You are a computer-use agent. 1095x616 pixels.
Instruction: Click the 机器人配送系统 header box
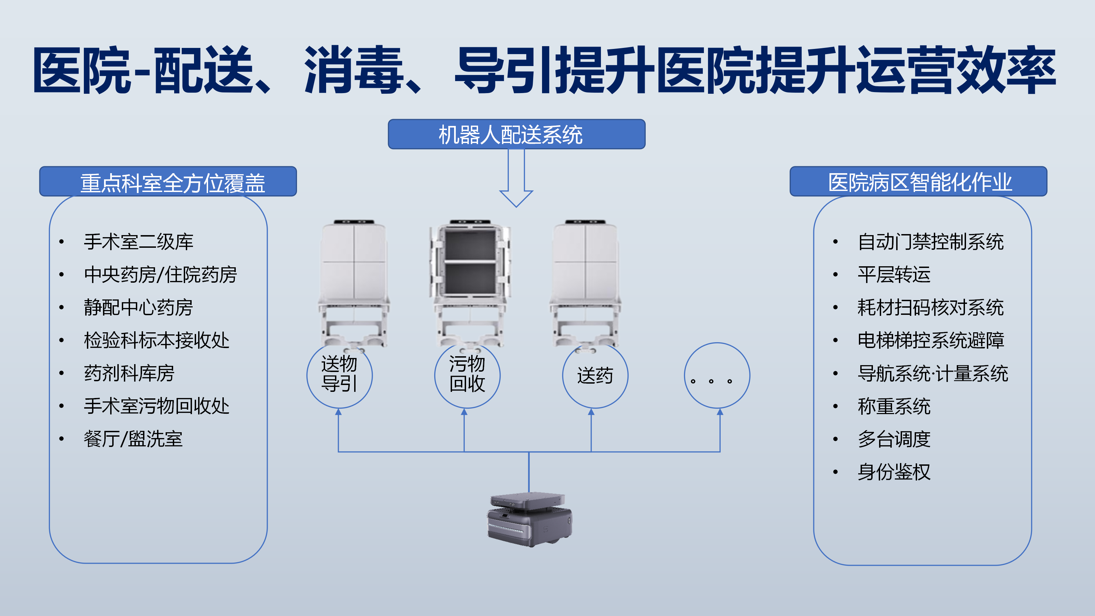tap(516, 134)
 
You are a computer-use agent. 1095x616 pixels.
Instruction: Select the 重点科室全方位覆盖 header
tap(168, 182)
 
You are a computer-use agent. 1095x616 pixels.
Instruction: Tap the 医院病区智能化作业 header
tap(918, 182)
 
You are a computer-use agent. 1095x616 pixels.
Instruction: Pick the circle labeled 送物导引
tap(339, 375)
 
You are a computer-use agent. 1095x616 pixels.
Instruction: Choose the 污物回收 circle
tap(467, 375)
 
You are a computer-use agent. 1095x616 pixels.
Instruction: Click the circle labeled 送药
tap(595, 375)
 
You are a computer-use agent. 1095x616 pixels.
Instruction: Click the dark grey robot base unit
tap(530, 519)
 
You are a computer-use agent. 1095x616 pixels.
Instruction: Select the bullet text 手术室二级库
tap(139, 242)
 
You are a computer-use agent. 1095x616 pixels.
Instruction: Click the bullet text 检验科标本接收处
tap(156, 340)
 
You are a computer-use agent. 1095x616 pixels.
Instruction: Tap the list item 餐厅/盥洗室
tap(133, 439)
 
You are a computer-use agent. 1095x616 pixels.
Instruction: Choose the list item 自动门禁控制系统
tap(930, 242)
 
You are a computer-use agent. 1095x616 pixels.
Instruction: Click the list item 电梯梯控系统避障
tap(930, 340)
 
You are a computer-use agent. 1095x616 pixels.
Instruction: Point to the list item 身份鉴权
tap(894, 472)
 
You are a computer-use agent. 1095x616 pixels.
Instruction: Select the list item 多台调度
tap(894, 439)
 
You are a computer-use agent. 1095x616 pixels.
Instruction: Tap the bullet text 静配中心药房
tap(139, 307)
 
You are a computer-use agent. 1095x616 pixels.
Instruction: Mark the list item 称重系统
tap(894, 406)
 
